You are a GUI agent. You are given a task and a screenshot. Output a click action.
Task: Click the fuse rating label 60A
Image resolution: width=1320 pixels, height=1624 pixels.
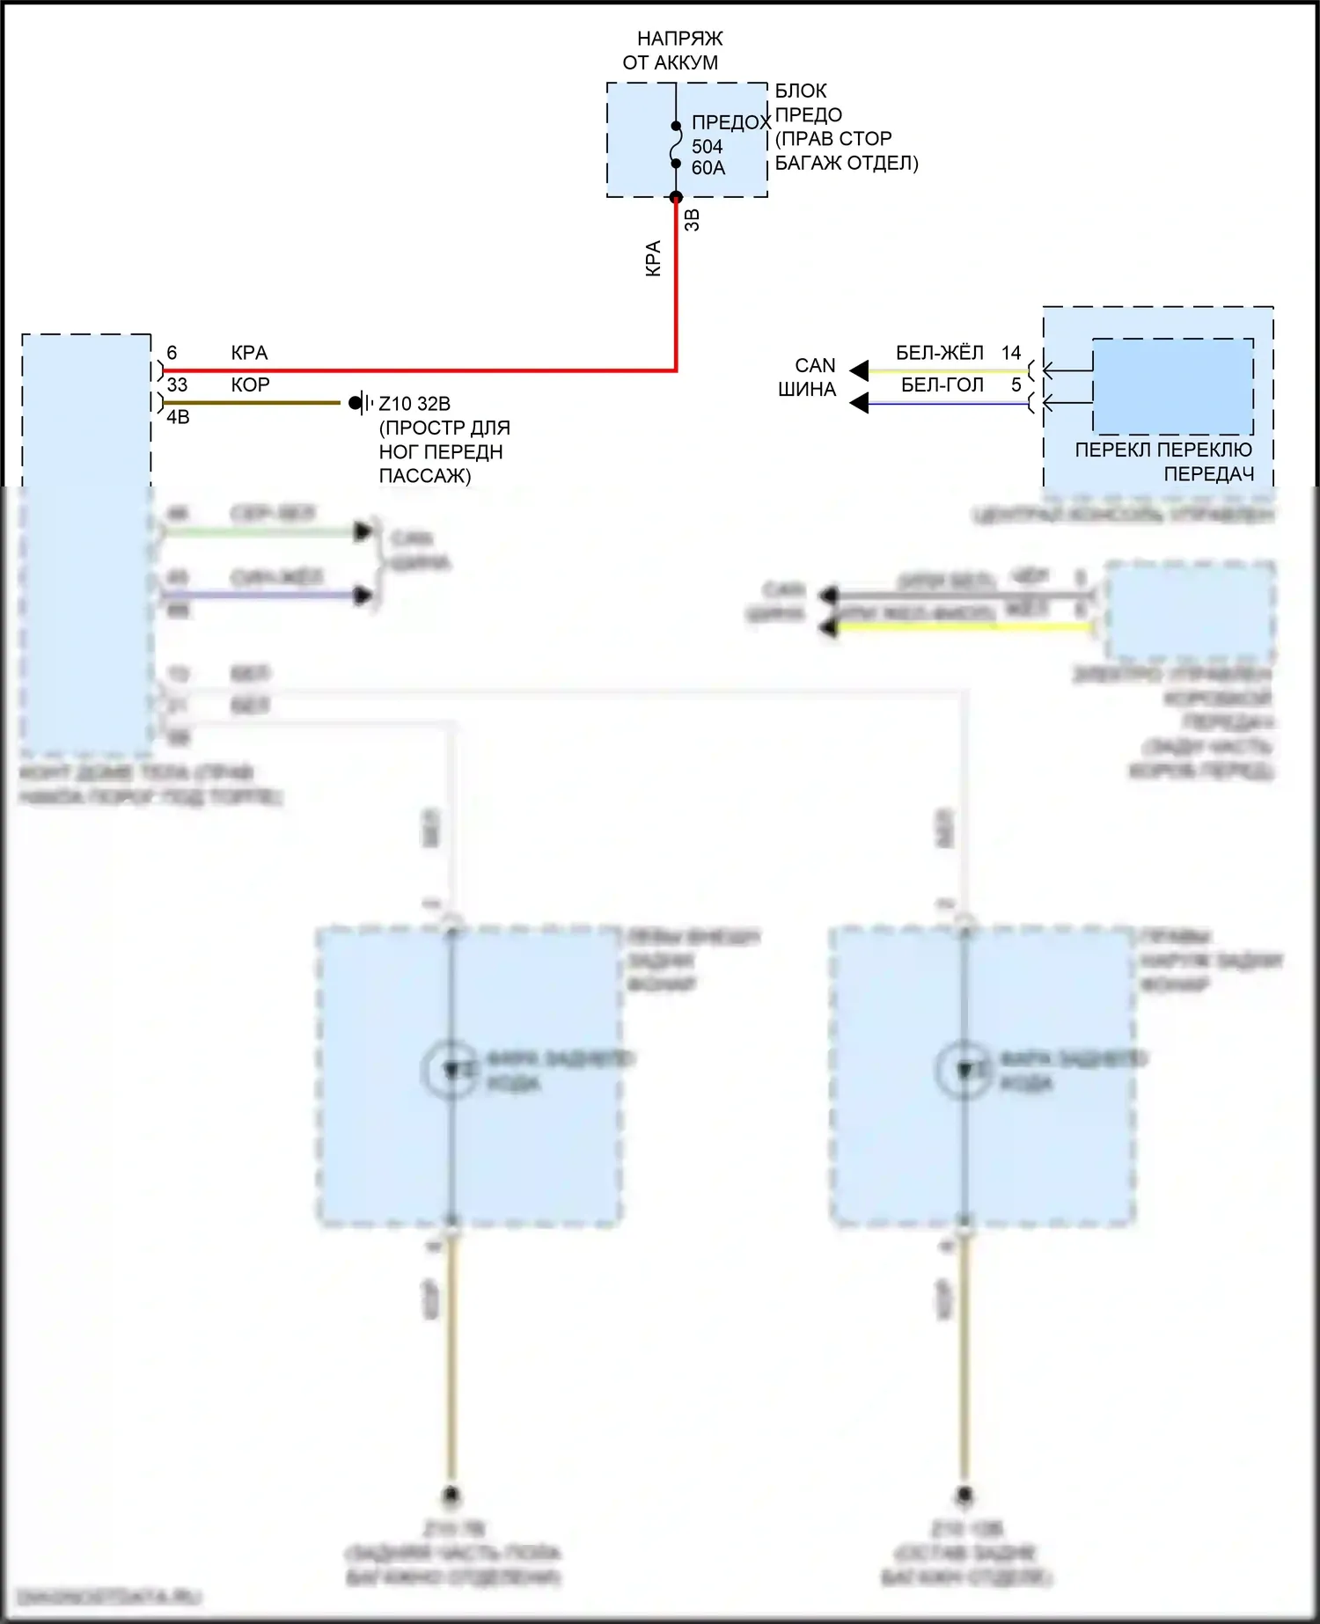pyautogui.click(x=708, y=168)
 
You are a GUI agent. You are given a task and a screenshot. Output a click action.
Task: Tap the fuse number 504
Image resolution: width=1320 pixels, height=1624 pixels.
pyautogui.click(x=707, y=147)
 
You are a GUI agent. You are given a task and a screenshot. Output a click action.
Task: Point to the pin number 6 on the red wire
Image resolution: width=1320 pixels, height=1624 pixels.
pyautogui.click(x=172, y=353)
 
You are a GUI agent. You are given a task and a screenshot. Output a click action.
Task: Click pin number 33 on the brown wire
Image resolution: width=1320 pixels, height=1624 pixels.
pyautogui.click(x=177, y=385)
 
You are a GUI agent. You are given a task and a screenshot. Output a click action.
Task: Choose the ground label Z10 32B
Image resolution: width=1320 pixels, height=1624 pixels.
pyautogui.click(x=414, y=404)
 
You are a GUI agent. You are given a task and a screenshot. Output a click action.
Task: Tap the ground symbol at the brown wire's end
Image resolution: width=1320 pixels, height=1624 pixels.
pyautogui.click(x=357, y=403)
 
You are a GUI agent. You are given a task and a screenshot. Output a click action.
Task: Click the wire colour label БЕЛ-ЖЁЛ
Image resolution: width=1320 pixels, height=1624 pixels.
pyautogui.click(x=939, y=353)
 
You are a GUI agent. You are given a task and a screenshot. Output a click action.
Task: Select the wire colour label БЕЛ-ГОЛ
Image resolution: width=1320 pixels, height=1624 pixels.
pyautogui.click(x=942, y=385)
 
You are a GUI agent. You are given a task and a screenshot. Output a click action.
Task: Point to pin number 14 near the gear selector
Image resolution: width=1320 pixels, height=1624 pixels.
pyautogui.click(x=1011, y=353)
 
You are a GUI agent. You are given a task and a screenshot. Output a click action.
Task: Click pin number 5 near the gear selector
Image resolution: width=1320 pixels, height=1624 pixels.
pyautogui.click(x=1016, y=385)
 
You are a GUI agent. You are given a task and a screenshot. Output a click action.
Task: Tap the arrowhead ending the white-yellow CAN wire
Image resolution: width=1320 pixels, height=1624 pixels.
pyautogui.click(x=859, y=370)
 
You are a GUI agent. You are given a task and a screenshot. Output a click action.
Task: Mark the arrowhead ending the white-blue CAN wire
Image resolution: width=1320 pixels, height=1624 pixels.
pyautogui.click(x=859, y=404)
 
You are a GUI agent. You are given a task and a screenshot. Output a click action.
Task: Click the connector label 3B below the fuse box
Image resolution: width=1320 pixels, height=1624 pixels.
pyautogui.click(x=693, y=220)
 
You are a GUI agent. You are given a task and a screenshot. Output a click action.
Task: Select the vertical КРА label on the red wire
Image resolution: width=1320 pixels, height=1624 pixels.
pyautogui.click(x=653, y=259)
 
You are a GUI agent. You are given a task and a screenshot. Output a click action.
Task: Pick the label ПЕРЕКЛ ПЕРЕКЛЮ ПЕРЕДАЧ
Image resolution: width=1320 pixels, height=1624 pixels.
pyautogui.click(x=1163, y=462)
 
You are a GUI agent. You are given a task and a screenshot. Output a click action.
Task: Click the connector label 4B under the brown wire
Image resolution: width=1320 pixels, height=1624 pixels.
pyautogui.click(x=178, y=417)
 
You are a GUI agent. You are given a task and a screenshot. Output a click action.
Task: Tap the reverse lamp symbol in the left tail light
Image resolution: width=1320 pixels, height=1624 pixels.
pyautogui.click(x=451, y=1070)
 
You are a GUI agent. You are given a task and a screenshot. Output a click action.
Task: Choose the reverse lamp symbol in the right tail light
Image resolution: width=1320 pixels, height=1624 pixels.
pyautogui.click(x=964, y=1070)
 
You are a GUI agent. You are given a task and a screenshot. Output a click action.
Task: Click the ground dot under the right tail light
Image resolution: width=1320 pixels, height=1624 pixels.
pyautogui.click(x=964, y=1496)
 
